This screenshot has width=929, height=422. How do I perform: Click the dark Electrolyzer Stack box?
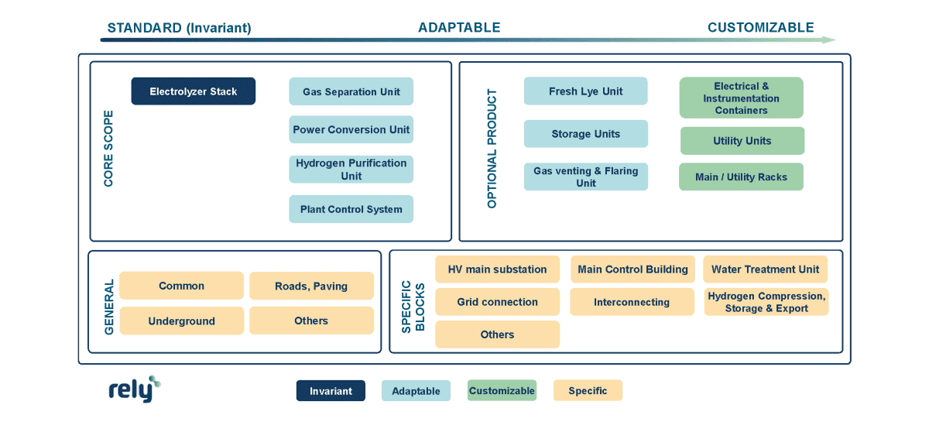pyautogui.click(x=193, y=91)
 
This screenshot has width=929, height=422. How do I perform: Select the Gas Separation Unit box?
pyautogui.click(x=351, y=91)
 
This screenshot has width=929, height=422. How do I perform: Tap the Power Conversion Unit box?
pyautogui.click(x=351, y=129)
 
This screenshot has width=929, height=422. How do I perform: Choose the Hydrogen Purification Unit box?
pyautogui.click(x=351, y=170)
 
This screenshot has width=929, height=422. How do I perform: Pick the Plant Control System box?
pyautogui.click(x=351, y=209)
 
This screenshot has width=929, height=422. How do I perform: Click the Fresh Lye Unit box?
pyautogui.click(x=585, y=91)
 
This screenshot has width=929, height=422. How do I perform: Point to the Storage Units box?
pyautogui.click(x=585, y=134)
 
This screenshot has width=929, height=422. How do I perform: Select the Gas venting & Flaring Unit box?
pyautogui.click(x=585, y=177)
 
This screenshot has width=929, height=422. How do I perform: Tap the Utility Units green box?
pyautogui.click(x=742, y=141)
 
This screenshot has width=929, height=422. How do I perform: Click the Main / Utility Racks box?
pyautogui.click(x=741, y=177)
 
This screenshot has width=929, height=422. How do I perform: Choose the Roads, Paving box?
pyautogui.click(x=311, y=286)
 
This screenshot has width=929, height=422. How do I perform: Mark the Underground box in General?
pyautogui.click(x=181, y=321)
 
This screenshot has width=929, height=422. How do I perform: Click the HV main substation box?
pyautogui.click(x=497, y=269)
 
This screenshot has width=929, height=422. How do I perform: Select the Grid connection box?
pyautogui.click(x=497, y=302)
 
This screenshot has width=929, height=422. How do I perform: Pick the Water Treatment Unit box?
pyautogui.click(x=765, y=269)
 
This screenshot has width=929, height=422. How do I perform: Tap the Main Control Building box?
pyautogui.click(x=632, y=269)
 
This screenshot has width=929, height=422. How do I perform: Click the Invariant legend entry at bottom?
pyautogui.click(x=331, y=391)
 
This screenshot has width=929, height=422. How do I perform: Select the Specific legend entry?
pyautogui.click(x=588, y=390)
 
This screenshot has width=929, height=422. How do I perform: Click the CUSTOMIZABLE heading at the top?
pyautogui.click(x=760, y=28)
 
